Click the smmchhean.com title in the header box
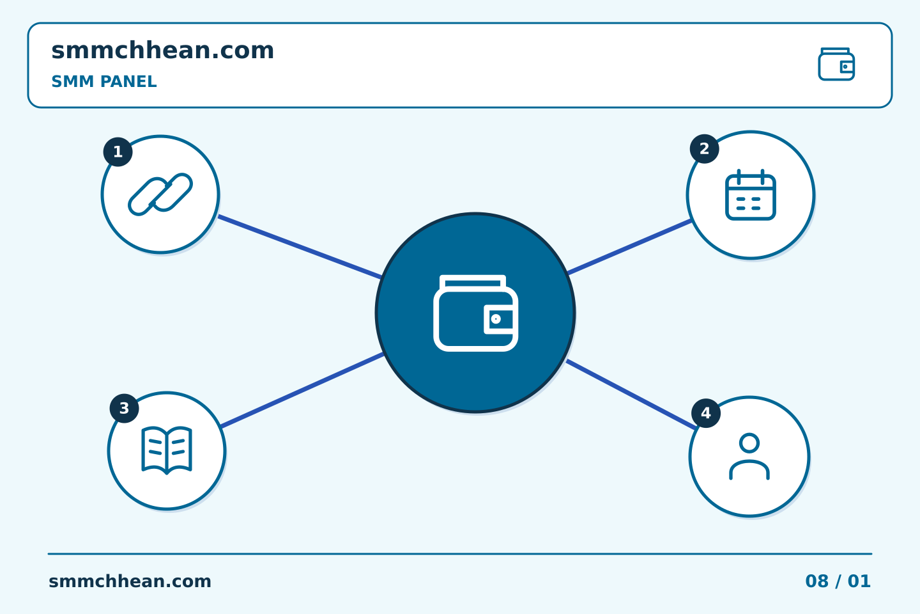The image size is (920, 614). click(x=162, y=51)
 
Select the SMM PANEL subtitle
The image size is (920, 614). click(x=104, y=81)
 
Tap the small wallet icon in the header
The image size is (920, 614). click(x=836, y=64)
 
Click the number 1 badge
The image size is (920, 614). click(x=118, y=152)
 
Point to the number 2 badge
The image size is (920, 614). click(x=704, y=149)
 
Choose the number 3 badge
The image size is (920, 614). click(x=124, y=408)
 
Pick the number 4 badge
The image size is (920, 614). click(x=706, y=413)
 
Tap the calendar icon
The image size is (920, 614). click(x=750, y=195)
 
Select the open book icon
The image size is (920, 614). click(x=167, y=450)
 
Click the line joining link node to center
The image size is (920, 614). click(x=300, y=247)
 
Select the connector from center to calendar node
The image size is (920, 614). click(x=629, y=247)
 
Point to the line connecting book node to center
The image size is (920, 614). click(x=302, y=390)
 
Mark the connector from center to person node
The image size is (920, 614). click(x=631, y=395)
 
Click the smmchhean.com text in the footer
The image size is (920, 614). click(x=130, y=581)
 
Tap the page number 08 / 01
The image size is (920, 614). click(x=838, y=581)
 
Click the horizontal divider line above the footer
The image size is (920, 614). click(x=460, y=554)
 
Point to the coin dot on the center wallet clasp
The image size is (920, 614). click(x=496, y=319)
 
